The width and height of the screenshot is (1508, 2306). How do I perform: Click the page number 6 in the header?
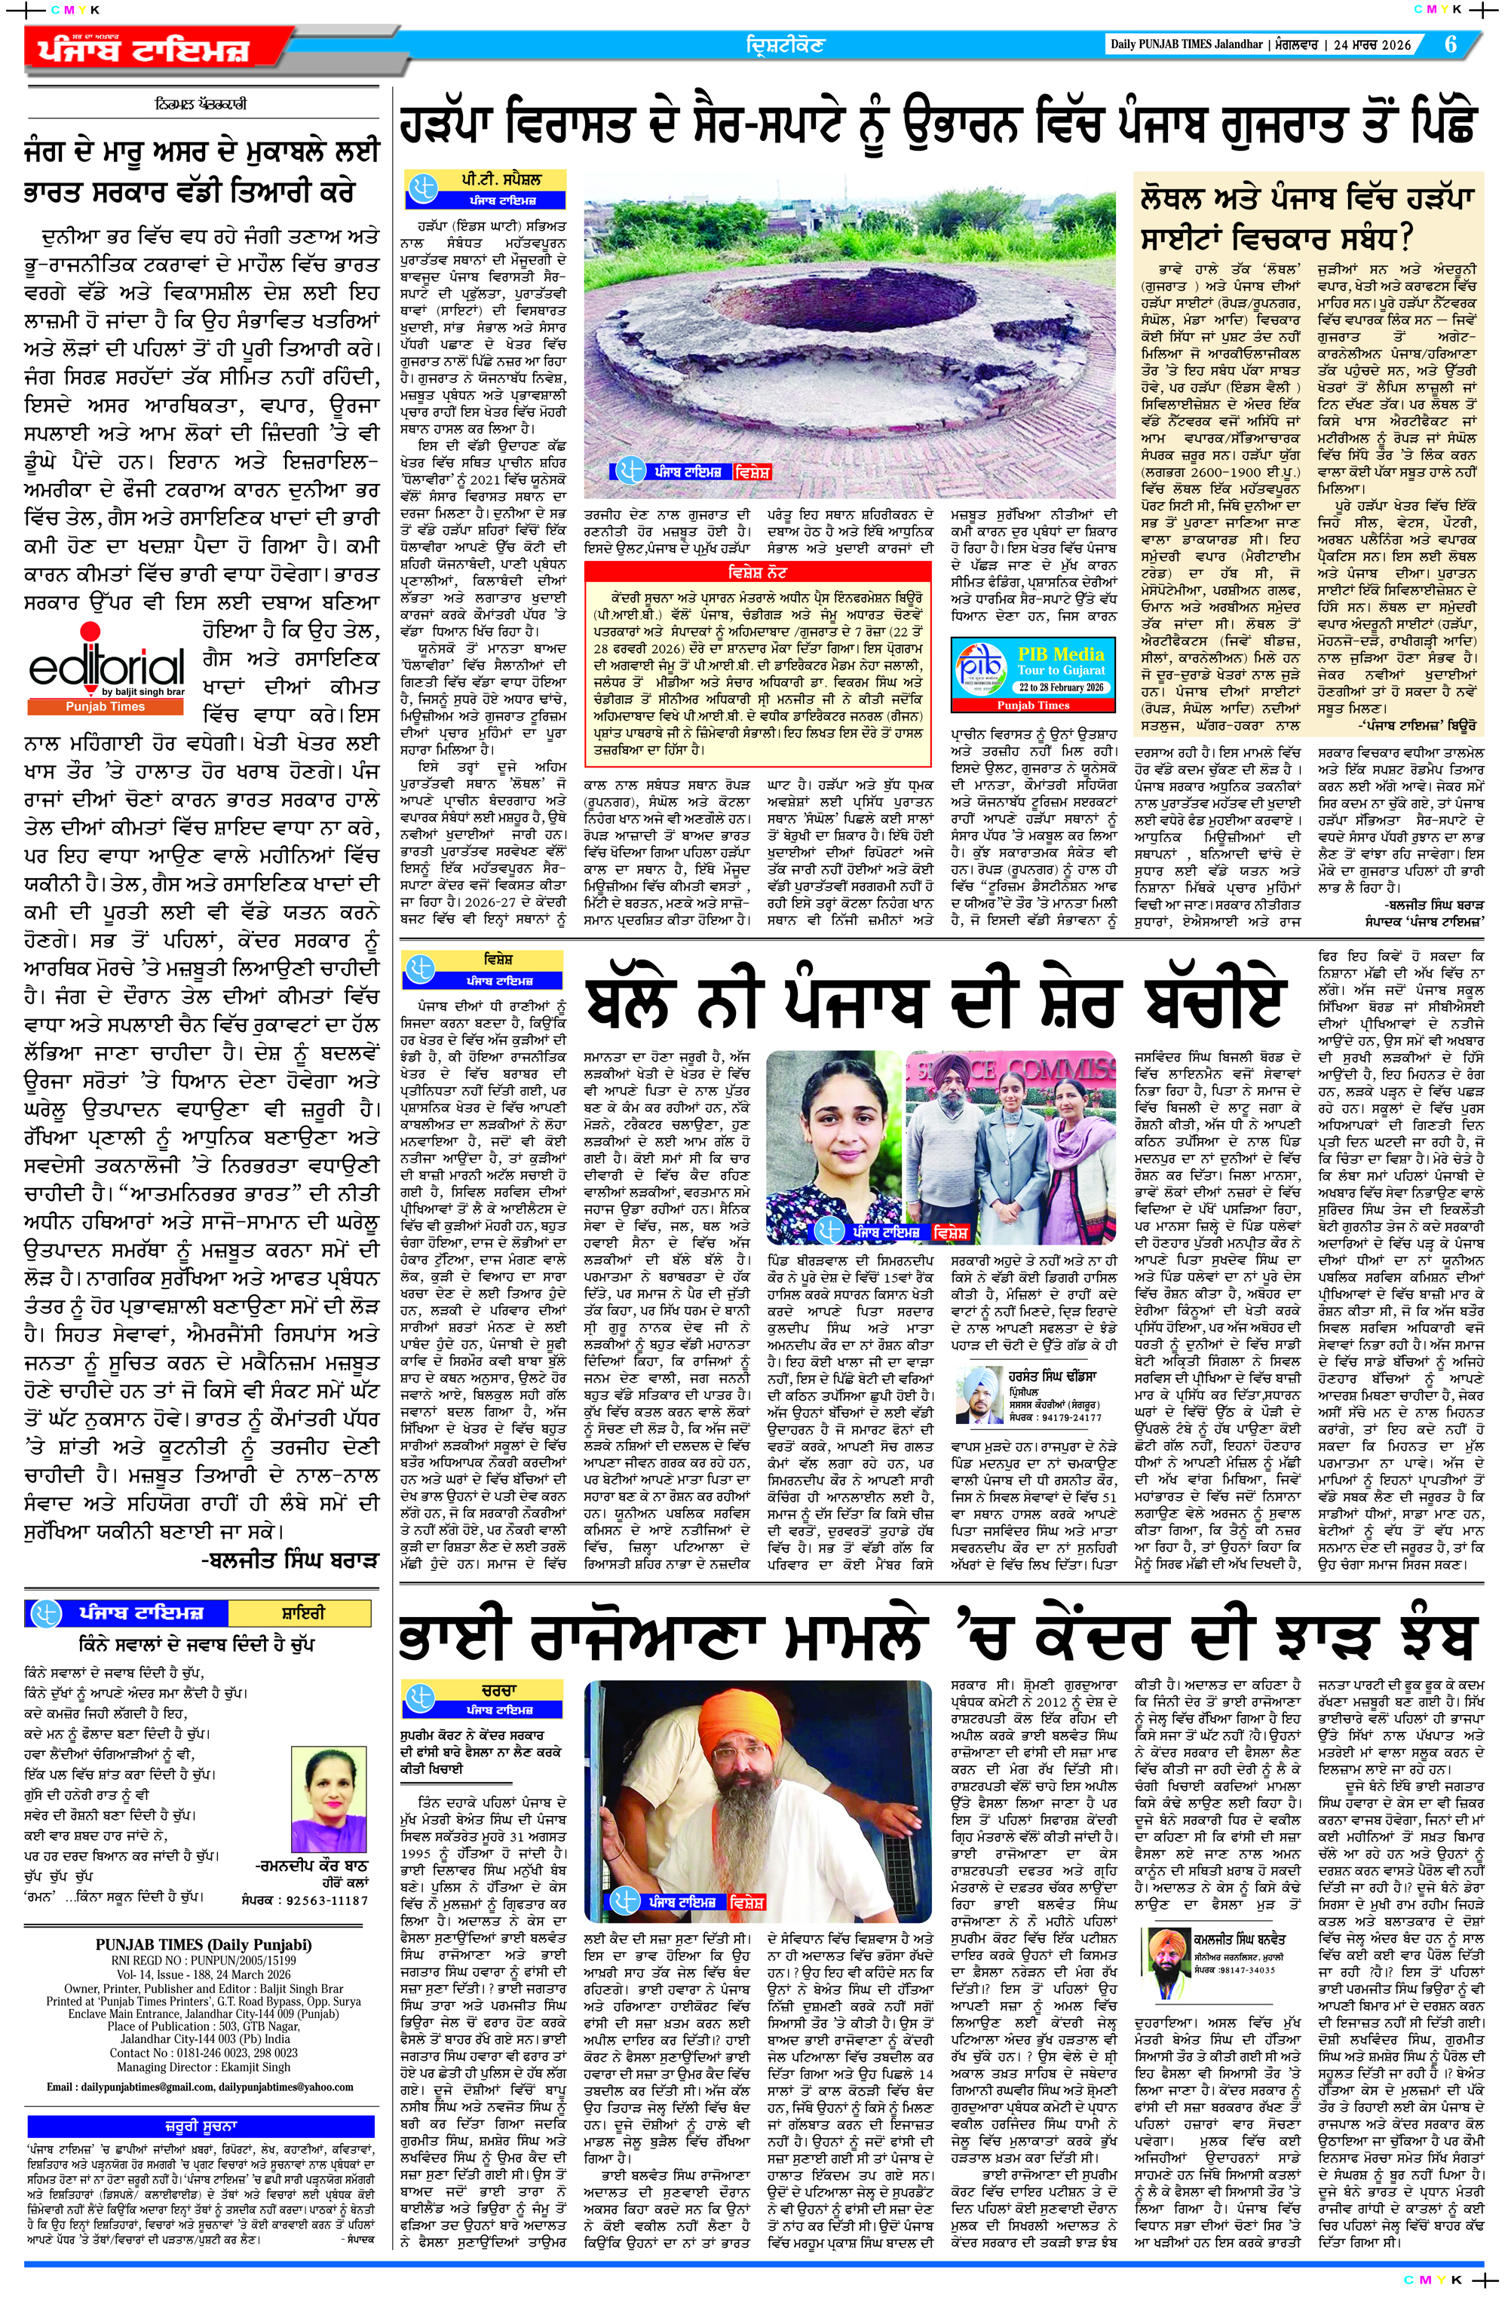point(1451,44)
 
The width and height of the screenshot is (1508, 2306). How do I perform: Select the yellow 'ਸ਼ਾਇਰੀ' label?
point(302,1613)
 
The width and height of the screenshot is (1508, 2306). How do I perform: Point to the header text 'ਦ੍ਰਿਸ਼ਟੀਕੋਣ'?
point(784,44)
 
